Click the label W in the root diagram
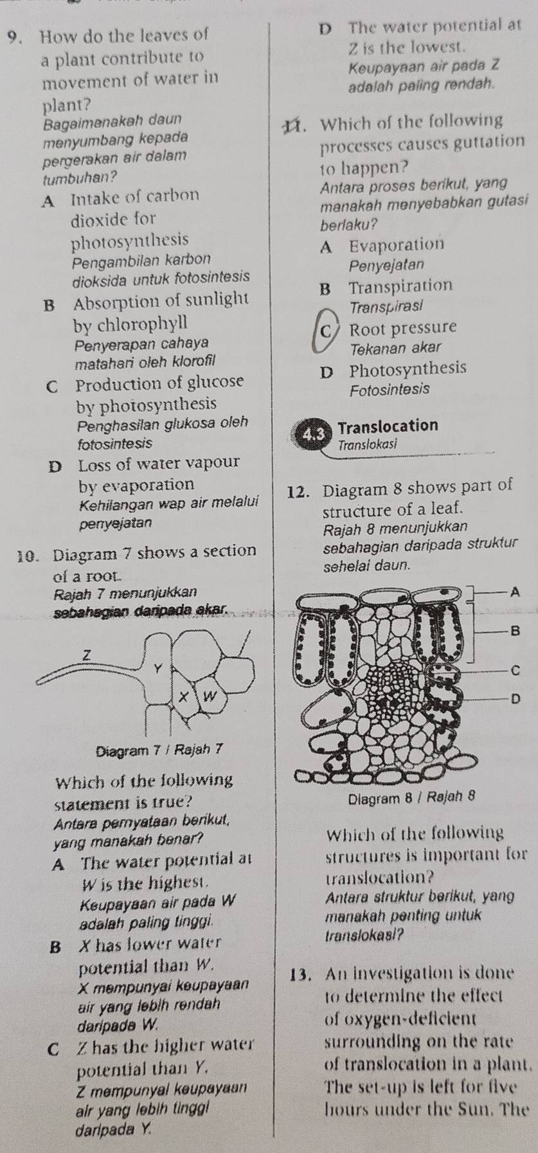208,696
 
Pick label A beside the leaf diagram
512,594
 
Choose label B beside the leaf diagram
512,631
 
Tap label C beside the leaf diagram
512,671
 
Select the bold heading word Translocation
388,426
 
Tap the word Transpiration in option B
401,286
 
